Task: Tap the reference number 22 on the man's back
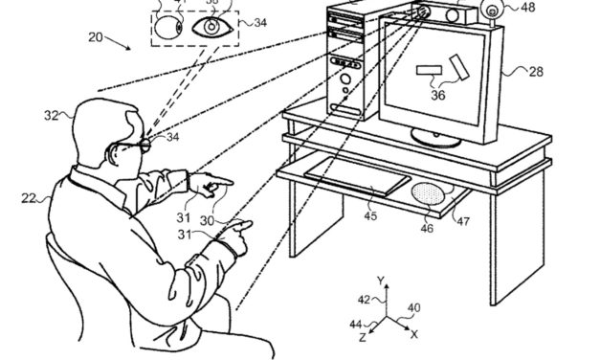[29, 198]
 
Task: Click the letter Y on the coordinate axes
[382, 281]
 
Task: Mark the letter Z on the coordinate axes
[363, 338]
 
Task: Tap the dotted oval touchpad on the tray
[425, 194]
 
